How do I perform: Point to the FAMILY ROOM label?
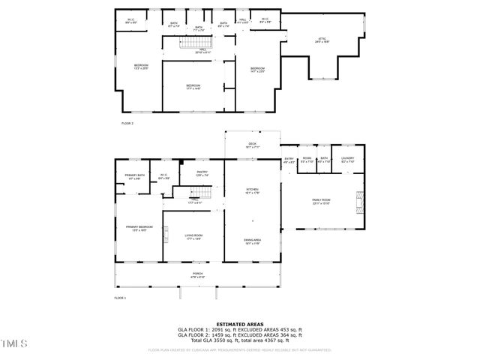point(322,200)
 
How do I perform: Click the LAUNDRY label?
point(347,159)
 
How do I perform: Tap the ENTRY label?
point(289,159)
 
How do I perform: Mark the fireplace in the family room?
point(358,200)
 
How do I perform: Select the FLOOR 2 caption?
point(127,122)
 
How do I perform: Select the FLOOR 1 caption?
point(120,298)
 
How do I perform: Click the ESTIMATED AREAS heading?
point(239,324)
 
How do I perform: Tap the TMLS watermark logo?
point(13,343)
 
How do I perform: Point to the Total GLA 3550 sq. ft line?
point(239,341)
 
